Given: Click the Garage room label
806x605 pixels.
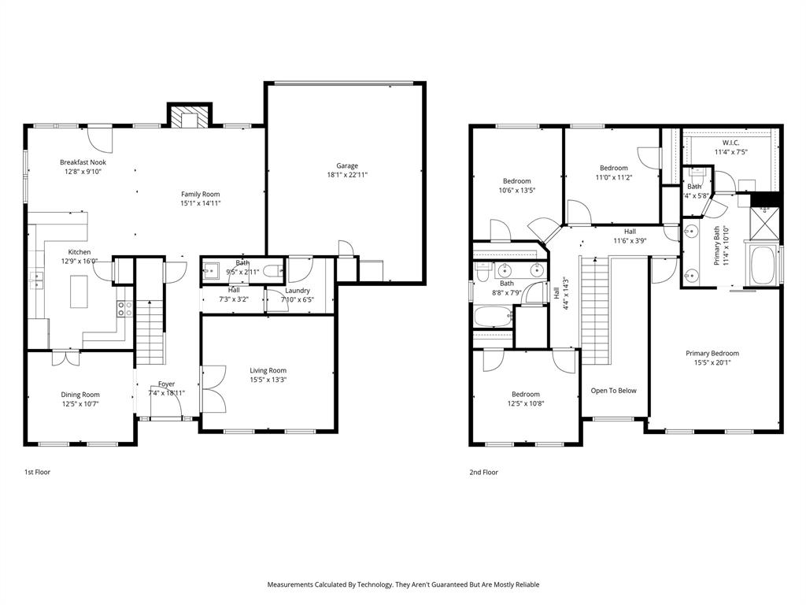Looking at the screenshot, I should click(x=347, y=165).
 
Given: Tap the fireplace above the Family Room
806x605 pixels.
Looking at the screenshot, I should click(x=189, y=117).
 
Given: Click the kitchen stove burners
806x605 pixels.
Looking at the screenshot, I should click(x=124, y=308).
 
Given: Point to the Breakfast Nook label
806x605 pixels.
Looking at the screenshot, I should click(x=82, y=161).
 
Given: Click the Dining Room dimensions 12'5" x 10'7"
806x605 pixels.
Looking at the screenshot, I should click(x=80, y=404).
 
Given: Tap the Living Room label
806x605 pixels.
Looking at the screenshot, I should click(x=268, y=370).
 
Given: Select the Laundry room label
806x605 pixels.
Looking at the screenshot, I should click(x=298, y=291).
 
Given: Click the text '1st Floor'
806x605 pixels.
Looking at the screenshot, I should click(x=37, y=472).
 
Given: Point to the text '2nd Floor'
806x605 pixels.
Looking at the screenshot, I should click(x=484, y=472).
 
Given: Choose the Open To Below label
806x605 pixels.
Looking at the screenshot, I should click(x=614, y=391).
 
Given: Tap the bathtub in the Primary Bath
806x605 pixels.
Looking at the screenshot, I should click(x=762, y=266).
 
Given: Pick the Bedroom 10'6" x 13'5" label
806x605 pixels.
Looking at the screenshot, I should click(x=516, y=181).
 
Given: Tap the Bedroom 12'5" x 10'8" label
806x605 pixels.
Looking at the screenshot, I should click(x=525, y=394).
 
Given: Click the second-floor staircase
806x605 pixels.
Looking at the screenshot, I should click(x=596, y=312).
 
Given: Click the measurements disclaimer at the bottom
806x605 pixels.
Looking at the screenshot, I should click(x=403, y=585).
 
